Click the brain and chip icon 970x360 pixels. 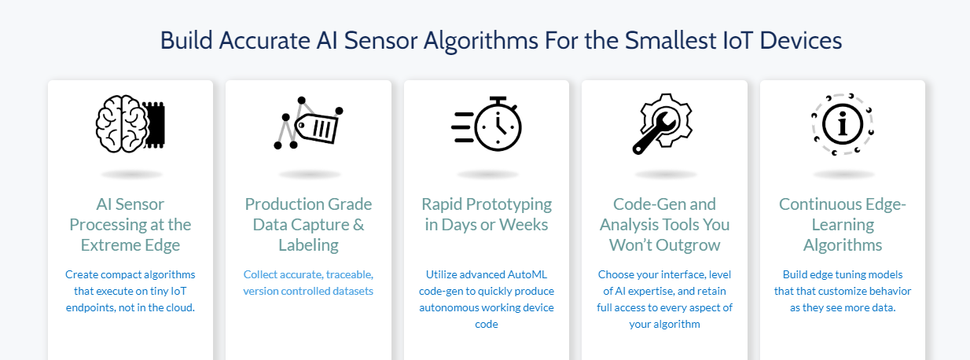click(x=130, y=123)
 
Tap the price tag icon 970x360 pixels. click(x=308, y=123)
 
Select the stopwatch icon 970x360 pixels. click(x=487, y=123)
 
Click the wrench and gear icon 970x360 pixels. click(x=664, y=123)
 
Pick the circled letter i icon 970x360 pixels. click(x=843, y=123)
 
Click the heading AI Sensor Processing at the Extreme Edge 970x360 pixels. click(x=130, y=224)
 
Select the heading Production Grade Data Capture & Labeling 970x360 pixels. click(x=308, y=224)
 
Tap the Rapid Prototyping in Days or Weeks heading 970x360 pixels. click(x=487, y=214)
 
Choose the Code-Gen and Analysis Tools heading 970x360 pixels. click(x=664, y=224)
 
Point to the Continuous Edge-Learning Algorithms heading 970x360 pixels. click(x=843, y=224)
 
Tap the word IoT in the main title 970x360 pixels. click(x=716, y=40)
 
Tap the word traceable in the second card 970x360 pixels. click(x=346, y=274)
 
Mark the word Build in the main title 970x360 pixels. click(x=185, y=40)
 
